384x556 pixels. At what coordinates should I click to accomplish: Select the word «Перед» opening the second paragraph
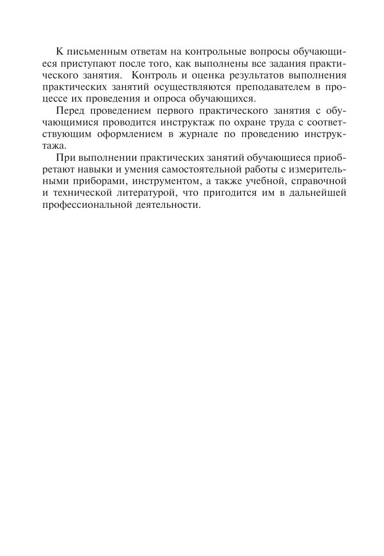tap(69, 111)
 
